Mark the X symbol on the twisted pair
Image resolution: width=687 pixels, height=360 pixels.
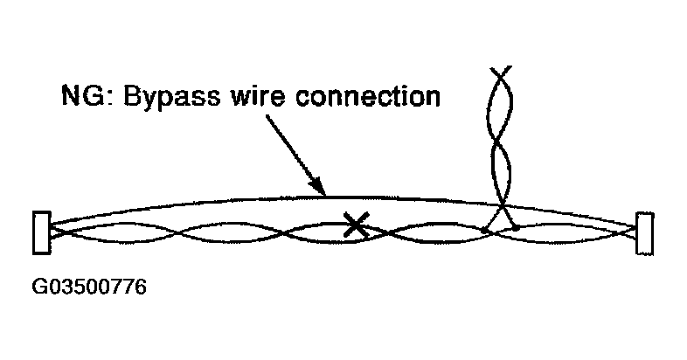pyautogui.click(x=354, y=226)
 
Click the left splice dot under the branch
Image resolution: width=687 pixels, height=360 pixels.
pyautogui.click(x=484, y=231)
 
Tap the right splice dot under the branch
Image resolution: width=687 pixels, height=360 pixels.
pyautogui.click(x=516, y=229)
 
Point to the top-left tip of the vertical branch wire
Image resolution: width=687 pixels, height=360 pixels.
pyautogui.click(x=492, y=66)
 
